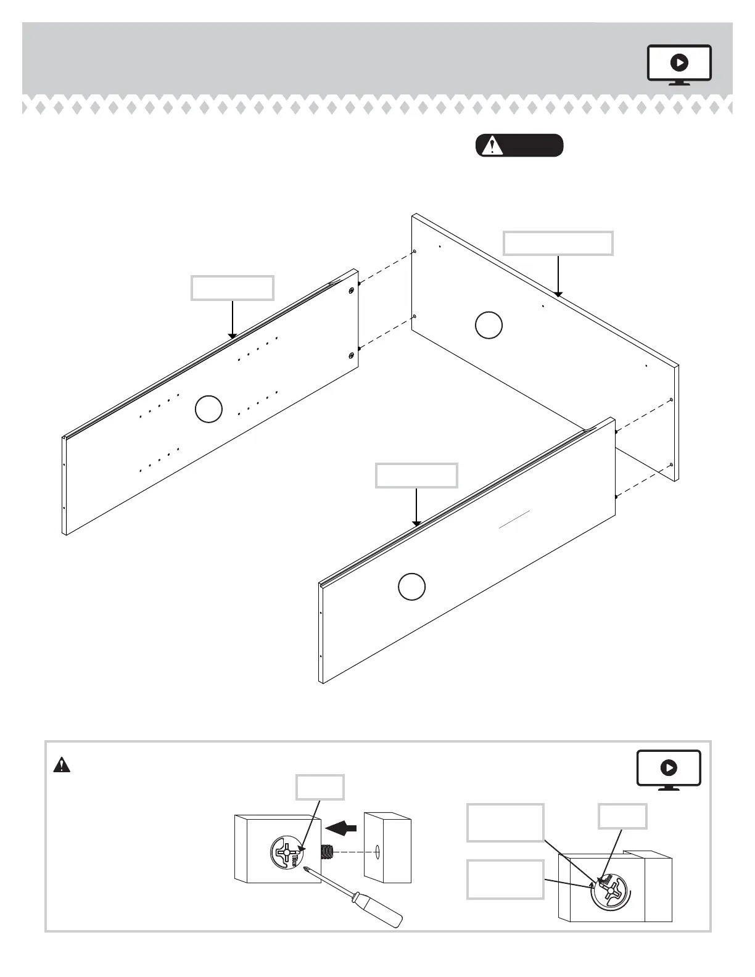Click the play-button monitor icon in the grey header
pyautogui.click(x=679, y=64)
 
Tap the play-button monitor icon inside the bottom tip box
pyautogui.click(x=669, y=769)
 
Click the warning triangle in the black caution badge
pyautogui.click(x=492, y=146)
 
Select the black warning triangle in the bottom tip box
pyautogui.click(x=62, y=765)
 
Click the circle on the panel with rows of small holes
pyautogui.click(x=208, y=410)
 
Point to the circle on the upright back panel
pyautogui.click(x=489, y=325)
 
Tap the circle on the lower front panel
pyautogui.click(x=411, y=587)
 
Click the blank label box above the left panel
pyautogui.click(x=232, y=288)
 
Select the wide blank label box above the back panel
pyautogui.click(x=558, y=243)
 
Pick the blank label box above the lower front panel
pyautogui.click(x=416, y=476)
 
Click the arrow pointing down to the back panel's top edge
pyautogui.click(x=558, y=276)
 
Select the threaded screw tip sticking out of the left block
pyautogui.click(x=327, y=852)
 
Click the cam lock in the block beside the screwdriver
pyautogui.click(x=287, y=852)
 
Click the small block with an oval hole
pyautogui.click(x=387, y=847)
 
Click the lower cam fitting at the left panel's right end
pyautogui.click(x=351, y=354)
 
